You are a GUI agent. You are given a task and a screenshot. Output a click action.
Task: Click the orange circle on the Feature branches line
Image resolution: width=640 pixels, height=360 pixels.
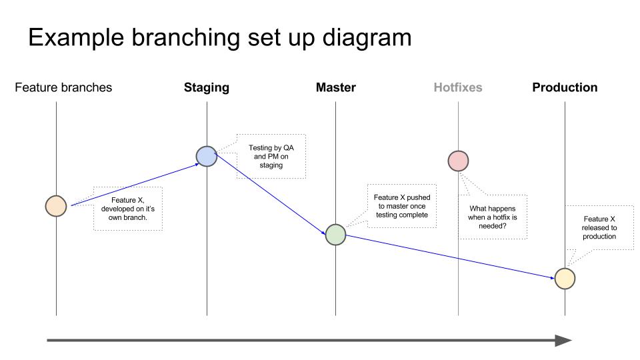56,206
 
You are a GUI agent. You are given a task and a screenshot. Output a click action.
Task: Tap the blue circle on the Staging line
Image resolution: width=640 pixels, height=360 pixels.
207,156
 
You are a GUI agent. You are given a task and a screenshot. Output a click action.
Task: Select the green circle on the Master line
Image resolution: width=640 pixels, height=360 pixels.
335,235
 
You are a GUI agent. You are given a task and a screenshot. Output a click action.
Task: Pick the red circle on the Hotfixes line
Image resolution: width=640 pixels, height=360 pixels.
458,161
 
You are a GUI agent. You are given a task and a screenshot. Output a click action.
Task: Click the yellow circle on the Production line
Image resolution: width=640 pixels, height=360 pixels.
565,279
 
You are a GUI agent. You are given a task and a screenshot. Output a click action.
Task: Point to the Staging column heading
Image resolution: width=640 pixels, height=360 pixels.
207,87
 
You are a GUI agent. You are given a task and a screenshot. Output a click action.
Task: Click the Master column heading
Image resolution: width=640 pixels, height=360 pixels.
335,87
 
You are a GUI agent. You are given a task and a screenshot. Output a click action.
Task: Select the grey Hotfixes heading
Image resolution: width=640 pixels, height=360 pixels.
458,87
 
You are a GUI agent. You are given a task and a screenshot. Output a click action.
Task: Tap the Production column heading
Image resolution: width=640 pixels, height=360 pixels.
565,87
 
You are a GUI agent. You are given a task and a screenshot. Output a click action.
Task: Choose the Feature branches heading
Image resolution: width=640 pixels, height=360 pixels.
63,87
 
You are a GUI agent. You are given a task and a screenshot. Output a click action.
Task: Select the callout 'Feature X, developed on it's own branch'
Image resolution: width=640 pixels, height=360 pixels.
127,209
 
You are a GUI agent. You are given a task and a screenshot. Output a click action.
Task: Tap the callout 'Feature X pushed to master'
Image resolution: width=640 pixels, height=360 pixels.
401,206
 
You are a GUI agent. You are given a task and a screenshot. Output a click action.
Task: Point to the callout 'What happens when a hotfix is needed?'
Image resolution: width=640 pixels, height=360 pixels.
493,217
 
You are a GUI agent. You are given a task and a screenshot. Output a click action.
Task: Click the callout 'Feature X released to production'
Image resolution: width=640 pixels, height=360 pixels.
599,227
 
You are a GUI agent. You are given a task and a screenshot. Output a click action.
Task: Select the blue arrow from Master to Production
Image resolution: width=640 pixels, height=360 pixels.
450,256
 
